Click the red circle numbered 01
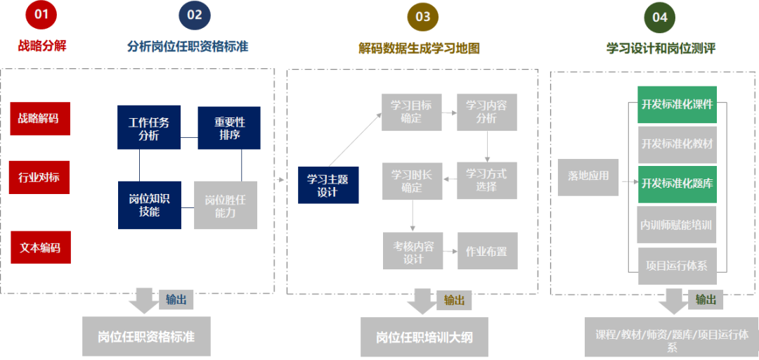(x=41, y=15)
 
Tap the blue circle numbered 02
(x=195, y=15)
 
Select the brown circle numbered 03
(x=422, y=16)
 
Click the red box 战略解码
(x=40, y=118)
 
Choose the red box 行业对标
(x=40, y=177)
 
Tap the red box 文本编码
(x=40, y=247)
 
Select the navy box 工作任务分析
(x=148, y=128)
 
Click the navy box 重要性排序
(x=229, y=128)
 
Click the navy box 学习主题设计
(x=328, y=186)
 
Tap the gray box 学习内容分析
(x=486, y=112)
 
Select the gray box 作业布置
(x=487, y=251)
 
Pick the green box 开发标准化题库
(x=677, y=184)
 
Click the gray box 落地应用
(x=588, y=176)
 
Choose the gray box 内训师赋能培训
(x=677, y=225)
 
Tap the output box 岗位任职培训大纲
(x=424, y=337)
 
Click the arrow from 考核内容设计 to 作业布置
(x=450, y=251)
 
